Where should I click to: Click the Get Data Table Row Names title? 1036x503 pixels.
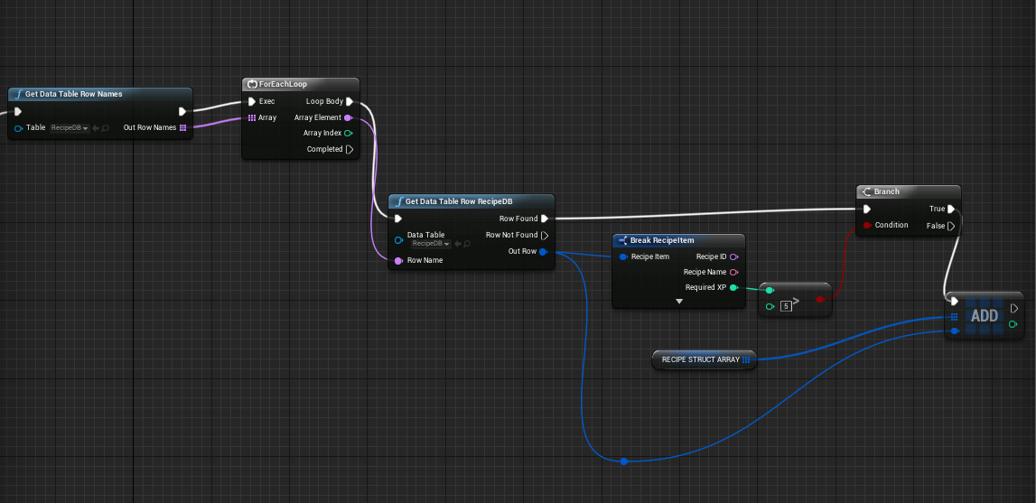point(73,94)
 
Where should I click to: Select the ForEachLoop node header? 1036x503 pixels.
point(300,84)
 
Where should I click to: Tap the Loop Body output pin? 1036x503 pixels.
point(350,102)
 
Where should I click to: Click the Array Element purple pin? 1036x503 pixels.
point(349,117)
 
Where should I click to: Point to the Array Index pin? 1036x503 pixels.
point(349,133)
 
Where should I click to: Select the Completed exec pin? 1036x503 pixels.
point(350,149)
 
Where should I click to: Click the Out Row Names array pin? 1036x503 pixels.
point(183,127)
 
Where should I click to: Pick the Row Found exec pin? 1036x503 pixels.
point(545,219)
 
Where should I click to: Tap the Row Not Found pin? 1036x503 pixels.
point(545,236)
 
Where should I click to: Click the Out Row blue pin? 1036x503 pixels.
point(543,252)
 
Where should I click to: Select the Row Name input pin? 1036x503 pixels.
point(398,261)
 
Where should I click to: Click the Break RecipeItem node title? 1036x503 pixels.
point(661,240)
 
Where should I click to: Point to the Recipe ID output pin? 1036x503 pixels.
point(734,256)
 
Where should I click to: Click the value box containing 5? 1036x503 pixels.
point(786,306)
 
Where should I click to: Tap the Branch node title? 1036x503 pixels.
point(887,191)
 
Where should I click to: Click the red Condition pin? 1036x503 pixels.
point(867,226)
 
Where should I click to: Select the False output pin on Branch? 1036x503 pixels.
point(951,226)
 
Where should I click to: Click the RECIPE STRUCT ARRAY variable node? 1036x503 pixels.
point(705,360)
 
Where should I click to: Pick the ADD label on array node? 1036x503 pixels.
point(985,316)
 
